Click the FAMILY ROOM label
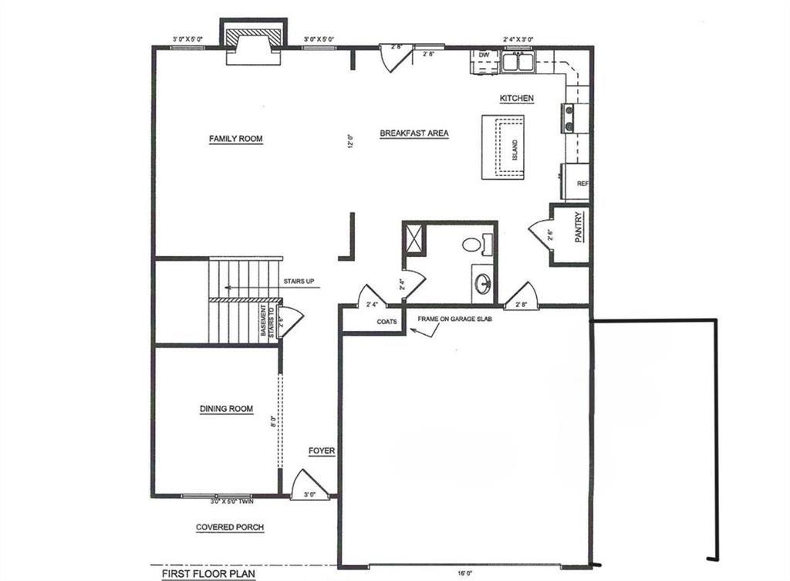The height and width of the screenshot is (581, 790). click(x=236, y=139)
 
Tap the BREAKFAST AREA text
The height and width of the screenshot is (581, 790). click(x=414, y=133)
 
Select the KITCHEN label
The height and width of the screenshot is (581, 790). click(x=517, y=99)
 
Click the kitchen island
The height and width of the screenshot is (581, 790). click(x=503, y=147)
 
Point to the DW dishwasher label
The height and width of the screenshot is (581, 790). click(x=484, y=56)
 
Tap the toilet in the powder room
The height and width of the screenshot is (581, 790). click(x=472, y=245)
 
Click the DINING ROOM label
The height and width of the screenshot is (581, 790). click(x=226, y=409)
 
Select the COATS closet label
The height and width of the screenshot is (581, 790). click(x=387, y=322)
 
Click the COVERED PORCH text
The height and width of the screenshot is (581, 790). click(x=230, y=528)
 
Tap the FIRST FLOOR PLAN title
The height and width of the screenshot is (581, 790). click(x=208, y=574)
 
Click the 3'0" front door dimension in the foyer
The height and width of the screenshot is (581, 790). click(x=309, y=495)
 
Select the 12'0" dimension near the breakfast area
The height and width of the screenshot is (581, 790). click(x=349, y=142)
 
